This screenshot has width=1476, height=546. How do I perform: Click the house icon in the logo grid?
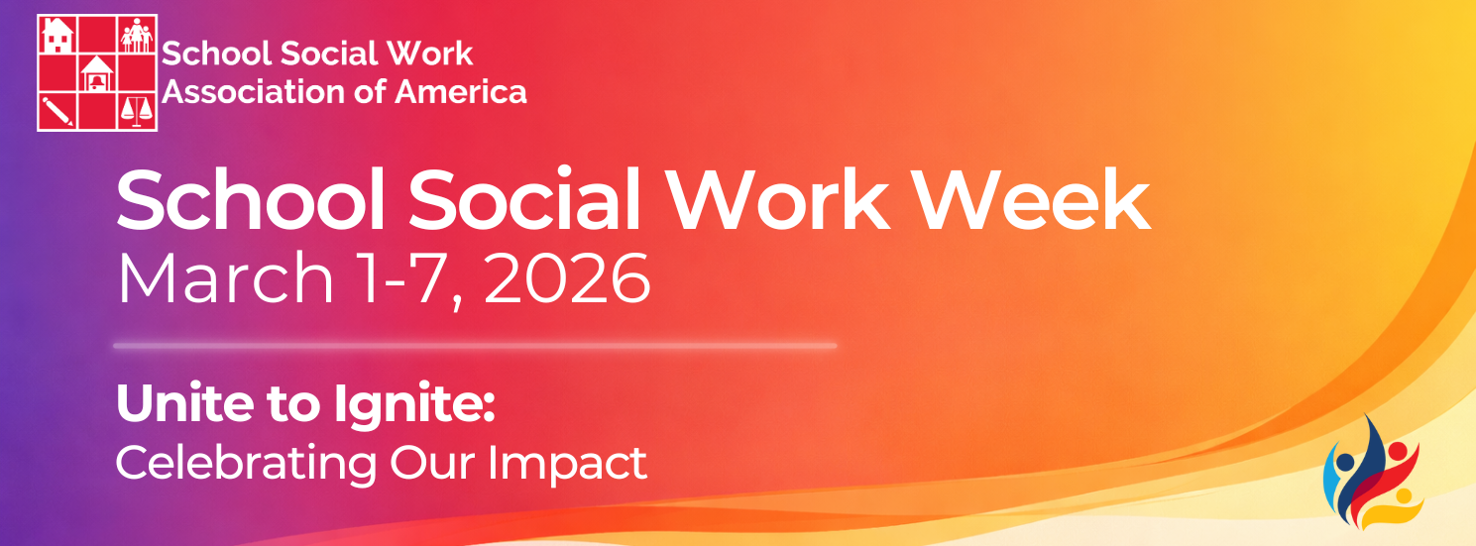click(58, 35)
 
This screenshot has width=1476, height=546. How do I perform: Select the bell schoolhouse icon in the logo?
click(97, 73)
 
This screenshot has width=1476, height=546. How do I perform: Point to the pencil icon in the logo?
click(57, 110)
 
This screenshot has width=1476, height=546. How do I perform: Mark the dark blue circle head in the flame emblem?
click(1345, 461)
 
